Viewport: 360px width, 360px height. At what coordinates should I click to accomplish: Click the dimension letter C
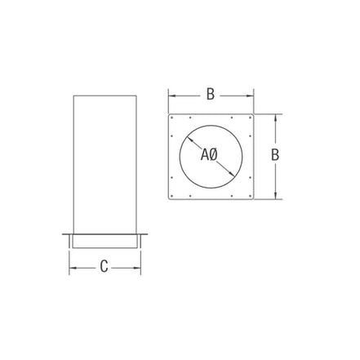click(x=104, y=264)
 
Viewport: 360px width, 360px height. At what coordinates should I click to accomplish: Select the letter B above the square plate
click(x=210, y=94)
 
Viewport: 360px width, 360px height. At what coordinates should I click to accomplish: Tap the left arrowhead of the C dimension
click(x=71, y=265)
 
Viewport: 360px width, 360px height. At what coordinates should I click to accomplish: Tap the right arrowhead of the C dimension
click(x=139, y=265)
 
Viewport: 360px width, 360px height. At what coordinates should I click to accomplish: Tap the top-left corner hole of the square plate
click(x=173, y=118)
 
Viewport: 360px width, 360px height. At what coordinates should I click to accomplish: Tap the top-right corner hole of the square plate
click(x=249, y=118)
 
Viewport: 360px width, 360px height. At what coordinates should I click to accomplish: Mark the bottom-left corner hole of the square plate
click(x=173, y=194)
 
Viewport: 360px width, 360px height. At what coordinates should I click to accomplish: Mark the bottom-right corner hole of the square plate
click(x=249, y=194)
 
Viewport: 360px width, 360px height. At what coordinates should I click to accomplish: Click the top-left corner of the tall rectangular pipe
click(x=73, y=96)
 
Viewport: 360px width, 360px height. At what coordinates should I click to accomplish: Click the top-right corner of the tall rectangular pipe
click(x=136, y=96)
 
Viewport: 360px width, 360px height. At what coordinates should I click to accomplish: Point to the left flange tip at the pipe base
click(x=64, y=236)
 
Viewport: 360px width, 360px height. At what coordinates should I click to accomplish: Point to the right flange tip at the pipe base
click(x=145, y=236)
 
